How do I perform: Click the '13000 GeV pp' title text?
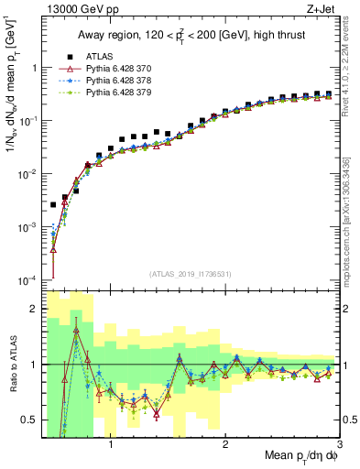pos(79,10)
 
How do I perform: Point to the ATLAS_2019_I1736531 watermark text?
pos(191,273)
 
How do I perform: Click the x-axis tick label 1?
pos(111,446)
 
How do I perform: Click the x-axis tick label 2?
pos(225,446)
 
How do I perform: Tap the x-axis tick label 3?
pos(339,446)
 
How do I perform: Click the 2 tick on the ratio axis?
pos(33,309)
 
